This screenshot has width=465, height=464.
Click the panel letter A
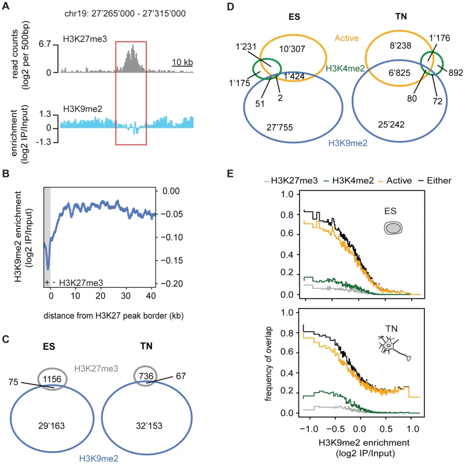[6, 6]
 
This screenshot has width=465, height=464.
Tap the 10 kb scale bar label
[182, 62]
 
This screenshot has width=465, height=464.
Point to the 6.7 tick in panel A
[45, 44]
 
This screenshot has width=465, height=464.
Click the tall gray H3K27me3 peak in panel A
[131, 59]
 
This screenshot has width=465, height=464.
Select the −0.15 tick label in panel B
[172, 260]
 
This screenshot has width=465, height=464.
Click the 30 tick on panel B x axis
[126, 295]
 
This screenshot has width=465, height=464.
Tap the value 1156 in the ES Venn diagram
[52, 379]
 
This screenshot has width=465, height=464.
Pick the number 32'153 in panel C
[149, 426]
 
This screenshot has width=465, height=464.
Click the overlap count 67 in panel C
[181, 376]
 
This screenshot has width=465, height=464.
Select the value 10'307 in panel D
[292, 49]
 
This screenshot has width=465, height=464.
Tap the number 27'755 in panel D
[280, 128]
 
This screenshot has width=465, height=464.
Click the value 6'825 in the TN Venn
[399, 72]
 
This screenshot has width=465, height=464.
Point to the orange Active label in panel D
[347, 38]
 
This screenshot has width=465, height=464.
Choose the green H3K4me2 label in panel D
[345, 68]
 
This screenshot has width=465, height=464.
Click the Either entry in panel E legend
[435, 180]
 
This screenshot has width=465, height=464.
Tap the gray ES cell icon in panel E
[393, 228]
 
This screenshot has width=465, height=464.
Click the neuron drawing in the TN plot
[394, 348]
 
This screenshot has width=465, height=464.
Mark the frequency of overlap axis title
[268, 364]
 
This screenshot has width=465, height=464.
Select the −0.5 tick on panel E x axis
[336, 429]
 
